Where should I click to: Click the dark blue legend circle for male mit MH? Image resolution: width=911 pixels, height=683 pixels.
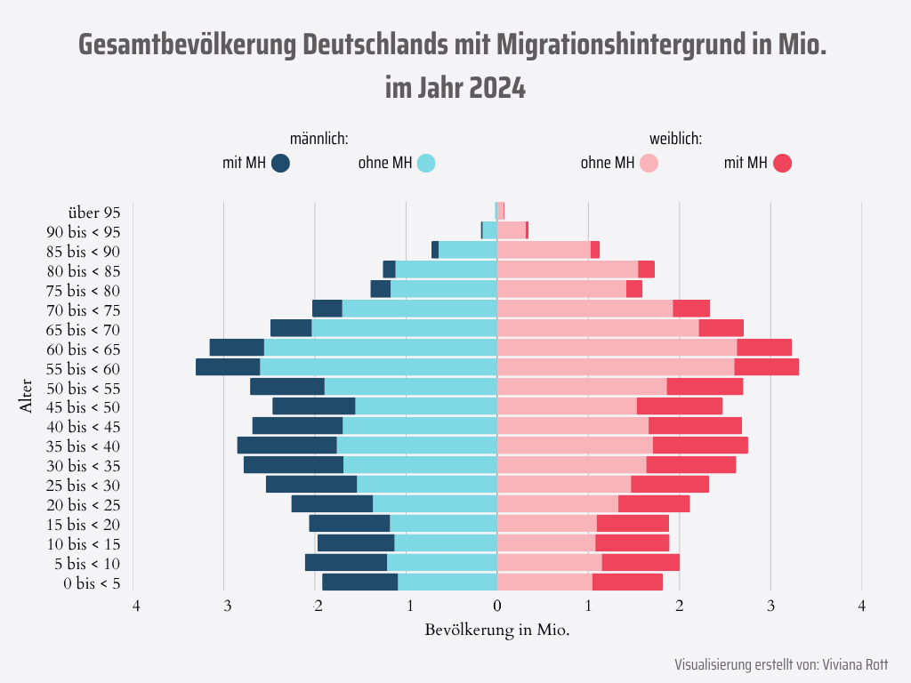click(281, 163)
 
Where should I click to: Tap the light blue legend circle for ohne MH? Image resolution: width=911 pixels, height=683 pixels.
click(426, 163)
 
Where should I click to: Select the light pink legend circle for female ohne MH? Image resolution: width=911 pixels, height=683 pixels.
click(649, 163)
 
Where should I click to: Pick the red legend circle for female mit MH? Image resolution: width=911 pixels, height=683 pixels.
click(782, 163)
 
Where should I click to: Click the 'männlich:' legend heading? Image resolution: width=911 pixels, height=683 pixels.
click(318, 139)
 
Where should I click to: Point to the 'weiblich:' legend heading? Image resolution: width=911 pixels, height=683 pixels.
click(676, 139)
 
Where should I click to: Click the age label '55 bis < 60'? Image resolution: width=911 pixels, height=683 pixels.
click(83, 368)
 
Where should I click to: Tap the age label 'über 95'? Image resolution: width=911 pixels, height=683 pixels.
click(93, 212)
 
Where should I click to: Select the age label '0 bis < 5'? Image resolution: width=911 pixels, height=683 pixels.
click(92, 583)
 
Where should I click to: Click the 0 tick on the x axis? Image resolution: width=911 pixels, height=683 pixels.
click(497, 607)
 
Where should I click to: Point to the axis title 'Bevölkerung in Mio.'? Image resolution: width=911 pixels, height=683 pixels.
click(497, 630)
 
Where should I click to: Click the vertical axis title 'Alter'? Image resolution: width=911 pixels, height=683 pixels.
click(26, 398)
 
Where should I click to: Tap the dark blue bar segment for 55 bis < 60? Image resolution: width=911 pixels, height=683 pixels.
click(228, 367)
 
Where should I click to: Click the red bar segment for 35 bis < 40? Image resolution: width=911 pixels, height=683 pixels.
click(700, 446)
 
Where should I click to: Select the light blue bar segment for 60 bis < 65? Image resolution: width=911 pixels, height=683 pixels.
click(380, 348)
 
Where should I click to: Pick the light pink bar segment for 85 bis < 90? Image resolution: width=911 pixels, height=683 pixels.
click(544, 250)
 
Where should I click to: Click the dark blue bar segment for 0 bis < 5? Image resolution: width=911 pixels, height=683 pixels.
click(359, 583)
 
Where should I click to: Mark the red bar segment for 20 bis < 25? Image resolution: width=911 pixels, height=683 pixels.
click(654, 504)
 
